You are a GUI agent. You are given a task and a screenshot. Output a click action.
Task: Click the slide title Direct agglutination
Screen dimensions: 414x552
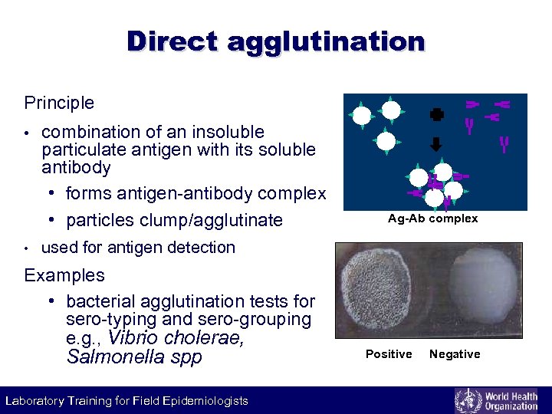(x=276, y=41)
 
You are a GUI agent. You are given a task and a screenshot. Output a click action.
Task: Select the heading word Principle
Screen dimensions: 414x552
(x=59, y=103)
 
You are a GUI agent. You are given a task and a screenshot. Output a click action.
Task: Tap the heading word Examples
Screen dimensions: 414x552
(x=64, y=274)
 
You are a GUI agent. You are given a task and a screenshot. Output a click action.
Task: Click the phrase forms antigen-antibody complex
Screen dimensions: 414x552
(x=195, y=192)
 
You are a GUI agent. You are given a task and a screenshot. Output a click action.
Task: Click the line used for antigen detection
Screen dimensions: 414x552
(x=138, y=248)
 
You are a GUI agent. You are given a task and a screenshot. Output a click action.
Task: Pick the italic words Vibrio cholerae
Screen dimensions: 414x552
(x=176, y=338)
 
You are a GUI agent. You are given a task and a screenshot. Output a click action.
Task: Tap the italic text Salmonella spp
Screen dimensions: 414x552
(x=134, y=356)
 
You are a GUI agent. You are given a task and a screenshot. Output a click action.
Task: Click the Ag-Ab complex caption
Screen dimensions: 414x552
(x=432, y=219)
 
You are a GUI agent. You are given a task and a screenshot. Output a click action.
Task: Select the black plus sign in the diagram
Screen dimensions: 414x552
(x=437, y=114)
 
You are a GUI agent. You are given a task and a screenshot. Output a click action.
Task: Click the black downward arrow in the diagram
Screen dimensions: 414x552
(x=436, y=143)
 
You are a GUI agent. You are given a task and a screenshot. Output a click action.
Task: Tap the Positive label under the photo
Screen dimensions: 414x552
(x=389, y=354)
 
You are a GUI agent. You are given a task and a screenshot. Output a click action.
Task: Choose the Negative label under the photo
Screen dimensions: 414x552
(x=455, y=354)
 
